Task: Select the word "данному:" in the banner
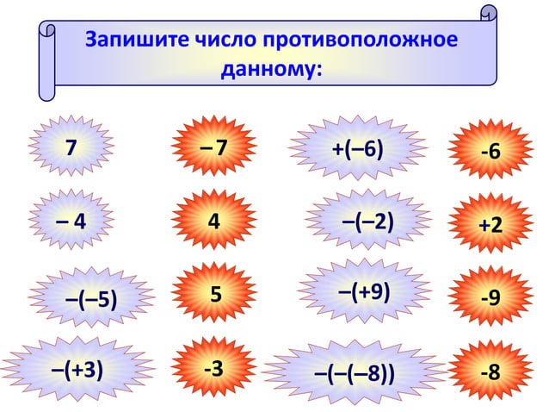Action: point(271,68)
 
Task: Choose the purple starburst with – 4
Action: point(72,221)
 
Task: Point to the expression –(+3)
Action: point(78,369)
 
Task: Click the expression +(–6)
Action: point(357,148)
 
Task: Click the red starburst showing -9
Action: point(490,298)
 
